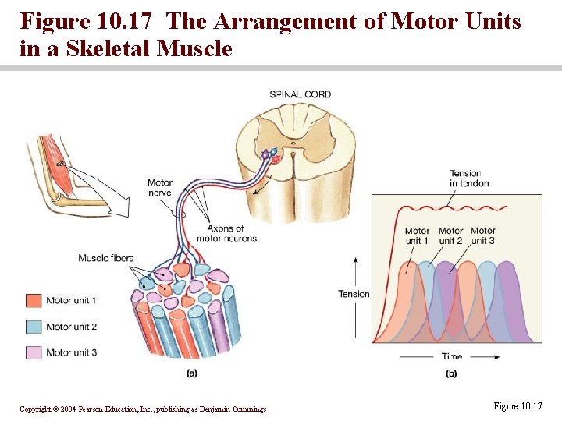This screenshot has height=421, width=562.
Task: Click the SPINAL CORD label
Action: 301,95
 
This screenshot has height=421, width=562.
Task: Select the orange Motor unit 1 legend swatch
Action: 33,301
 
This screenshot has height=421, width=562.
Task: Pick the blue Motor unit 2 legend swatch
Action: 33,327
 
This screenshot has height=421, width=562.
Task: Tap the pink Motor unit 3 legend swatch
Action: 33,352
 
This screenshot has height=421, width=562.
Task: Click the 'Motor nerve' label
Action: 159,188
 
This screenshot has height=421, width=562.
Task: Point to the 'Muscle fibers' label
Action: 106,258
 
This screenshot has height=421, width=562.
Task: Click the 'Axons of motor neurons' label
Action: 231,233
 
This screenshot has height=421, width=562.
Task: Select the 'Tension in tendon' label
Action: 469,179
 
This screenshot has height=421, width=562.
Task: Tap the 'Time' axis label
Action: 452,357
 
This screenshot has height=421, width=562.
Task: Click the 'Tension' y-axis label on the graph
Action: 354,294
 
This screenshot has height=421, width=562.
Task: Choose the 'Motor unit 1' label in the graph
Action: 417,235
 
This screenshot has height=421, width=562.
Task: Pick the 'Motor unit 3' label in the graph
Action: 482,235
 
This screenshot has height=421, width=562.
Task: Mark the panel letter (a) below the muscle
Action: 192,373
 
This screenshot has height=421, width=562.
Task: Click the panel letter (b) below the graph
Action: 451,373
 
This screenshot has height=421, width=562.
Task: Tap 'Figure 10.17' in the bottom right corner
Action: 518,406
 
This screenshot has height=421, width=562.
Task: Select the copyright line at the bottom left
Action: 142,409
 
